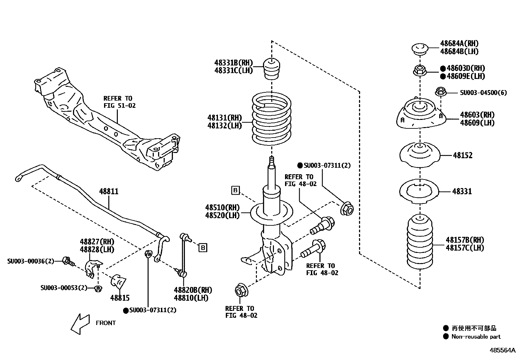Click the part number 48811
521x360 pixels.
click(x=109, y=192)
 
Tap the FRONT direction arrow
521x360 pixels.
click(x=80, y=324)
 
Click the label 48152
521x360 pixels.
click(x=462, y=156)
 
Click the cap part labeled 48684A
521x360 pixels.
click(x=420, y=49)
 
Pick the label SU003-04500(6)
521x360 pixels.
click(x=483, y=93)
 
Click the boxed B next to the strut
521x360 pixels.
click(x=235, y=190)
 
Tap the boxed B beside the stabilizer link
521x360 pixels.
click(x=203, y=248)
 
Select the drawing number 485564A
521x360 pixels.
click(x=502, y=350)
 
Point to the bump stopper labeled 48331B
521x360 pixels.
click(x=272, y=69)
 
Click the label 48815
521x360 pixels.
click(x=120, y=298)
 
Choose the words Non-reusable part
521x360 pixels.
click(x=476, y=336)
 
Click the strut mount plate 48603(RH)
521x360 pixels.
click(x=420, y=116)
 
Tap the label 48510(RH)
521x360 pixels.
click(x=222, y=207)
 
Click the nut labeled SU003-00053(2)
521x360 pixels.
click(x=98, y=288)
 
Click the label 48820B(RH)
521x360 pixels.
click(x=193, y=290)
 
